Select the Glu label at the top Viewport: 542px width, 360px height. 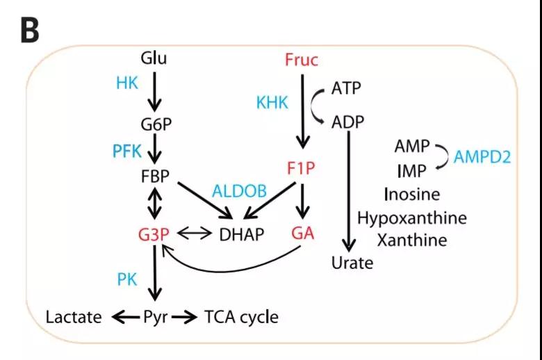(154, 58)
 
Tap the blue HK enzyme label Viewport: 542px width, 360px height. (127, 83)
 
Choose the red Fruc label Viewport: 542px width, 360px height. (302, 60)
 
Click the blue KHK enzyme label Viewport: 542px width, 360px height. (272, 103)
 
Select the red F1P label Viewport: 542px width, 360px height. (301, 168)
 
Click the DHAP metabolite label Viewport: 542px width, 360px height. (242, 234)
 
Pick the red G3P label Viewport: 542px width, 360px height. (154, 234)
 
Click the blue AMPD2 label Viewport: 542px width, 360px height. (482, 157)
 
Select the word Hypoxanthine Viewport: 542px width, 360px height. (412, 218)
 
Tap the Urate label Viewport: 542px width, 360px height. (352, 263)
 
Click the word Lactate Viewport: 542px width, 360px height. (74, 318)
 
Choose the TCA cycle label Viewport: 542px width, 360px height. (241, 318)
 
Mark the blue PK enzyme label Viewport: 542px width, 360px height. (127, 279)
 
